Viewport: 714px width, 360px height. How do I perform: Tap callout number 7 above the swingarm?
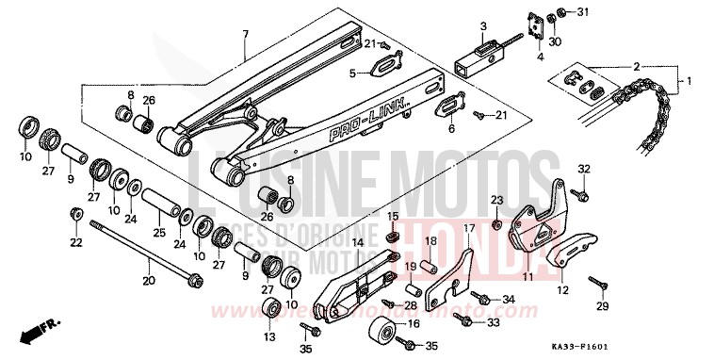click(x=245, y=35)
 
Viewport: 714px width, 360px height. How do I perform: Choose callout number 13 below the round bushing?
click(x=269, y=336)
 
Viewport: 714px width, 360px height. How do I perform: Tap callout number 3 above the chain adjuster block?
click(x=481, y=25)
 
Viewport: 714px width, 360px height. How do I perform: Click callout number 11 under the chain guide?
click(x=527, y=277)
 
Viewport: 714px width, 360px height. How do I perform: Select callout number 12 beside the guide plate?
click(x=562, y=290)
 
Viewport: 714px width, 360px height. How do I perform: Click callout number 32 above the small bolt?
click(x=584, y=169)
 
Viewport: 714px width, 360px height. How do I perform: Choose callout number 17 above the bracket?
click(x=468, y=228)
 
